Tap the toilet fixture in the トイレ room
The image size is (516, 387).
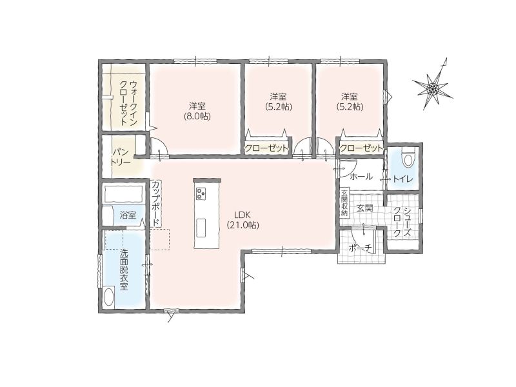click(408, 157)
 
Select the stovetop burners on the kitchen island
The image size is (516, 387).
click(201, 193)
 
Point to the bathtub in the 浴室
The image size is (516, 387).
click(123, 194)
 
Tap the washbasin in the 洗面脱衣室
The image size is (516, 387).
click(108, 297)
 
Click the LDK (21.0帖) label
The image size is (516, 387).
click(243, 220)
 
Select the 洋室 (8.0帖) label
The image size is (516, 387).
click(197, 111)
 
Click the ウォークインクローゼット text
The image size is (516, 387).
click(128, 103)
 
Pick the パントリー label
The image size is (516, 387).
click(121, 157)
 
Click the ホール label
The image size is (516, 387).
click(361, 176)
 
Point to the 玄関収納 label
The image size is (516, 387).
click(344, 203)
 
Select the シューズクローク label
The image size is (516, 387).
click(402, 222)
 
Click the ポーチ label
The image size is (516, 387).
click(361, 248)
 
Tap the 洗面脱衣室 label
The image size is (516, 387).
click(123, 270)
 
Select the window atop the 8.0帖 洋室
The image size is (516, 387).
click(195, 61)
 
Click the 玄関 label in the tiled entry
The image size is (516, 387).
click(364, 208)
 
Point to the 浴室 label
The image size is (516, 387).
click(128, 215)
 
